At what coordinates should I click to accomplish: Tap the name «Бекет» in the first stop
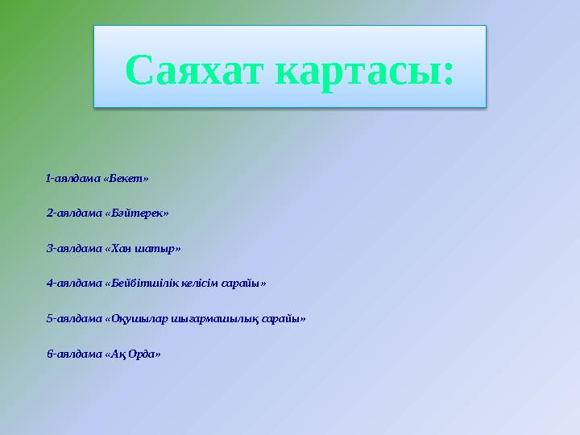[127, 177]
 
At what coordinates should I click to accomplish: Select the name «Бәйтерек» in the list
[137, 213]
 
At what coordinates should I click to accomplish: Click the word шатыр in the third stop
[159, 248]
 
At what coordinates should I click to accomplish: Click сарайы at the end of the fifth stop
[284, 319]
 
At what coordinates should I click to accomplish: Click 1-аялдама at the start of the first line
[73, 177]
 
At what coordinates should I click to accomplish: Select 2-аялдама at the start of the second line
[74, 213]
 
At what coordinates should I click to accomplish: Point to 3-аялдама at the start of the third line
[74, 248]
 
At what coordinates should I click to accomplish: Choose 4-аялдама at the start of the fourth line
[74, 284]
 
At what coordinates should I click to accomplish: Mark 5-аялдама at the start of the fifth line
[74, 319]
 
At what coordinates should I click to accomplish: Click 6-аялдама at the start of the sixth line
[74, 354]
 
